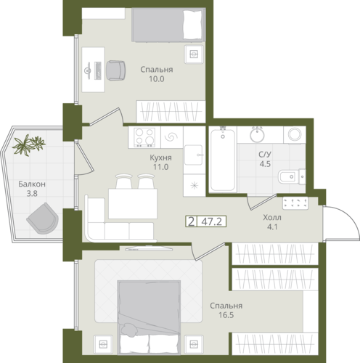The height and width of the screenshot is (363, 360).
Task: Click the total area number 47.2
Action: click(x=212, y=221)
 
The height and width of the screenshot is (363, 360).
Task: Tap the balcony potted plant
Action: click(x=28, y=144)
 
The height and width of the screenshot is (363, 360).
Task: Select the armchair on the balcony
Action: click(x=43, y=219)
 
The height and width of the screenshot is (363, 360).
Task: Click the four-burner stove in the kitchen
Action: click(x=144, y=137)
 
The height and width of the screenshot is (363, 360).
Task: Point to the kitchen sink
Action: click(x=193, y=155)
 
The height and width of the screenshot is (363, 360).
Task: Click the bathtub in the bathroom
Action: click(x=223, y=160)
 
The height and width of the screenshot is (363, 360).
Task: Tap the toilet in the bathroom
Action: click(x=292, y=176)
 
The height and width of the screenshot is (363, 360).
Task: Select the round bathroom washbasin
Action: click(x=257, y=134)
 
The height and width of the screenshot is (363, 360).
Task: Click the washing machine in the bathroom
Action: click(x=295, y=134)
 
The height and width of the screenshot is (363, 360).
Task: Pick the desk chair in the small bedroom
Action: click(x=116, y=70)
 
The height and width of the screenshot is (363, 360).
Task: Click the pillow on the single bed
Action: click(x=192, y=25)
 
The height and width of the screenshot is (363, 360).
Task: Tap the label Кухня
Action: click(x=160, y=158)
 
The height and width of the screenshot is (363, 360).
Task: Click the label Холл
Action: click(x=272, y=218)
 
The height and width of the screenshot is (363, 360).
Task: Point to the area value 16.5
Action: click(x=226, y=315)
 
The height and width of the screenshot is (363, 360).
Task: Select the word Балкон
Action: click(x=32, y=184)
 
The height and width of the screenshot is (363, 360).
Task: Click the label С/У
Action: click(x=265, y=155)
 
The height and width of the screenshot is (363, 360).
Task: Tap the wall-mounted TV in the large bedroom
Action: click(x=149, y=248)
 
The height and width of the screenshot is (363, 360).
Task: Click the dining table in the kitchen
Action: click(x=133, y=204)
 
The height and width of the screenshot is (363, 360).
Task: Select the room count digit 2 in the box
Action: click(x=191, y=221)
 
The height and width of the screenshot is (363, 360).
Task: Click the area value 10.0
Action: click(x=157, y=79)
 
